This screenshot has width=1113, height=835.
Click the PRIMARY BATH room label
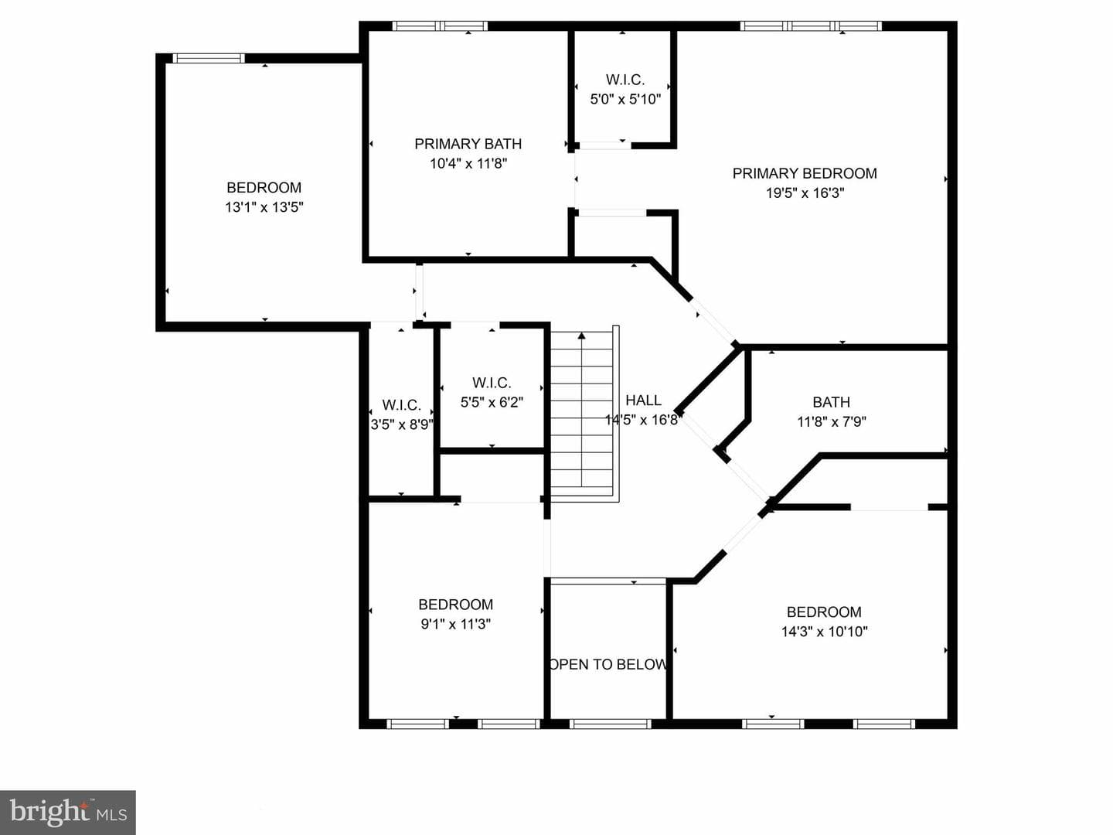(x=468, y=144)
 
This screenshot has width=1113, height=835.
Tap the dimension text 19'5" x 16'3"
(x=805, y=193)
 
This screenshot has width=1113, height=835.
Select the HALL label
(x=644, y=400)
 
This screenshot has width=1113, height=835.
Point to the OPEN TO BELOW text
(x=608, y=664)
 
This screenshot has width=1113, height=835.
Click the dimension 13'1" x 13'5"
(x=264, y=207)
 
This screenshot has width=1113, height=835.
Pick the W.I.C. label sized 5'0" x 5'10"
(x=625, y=80)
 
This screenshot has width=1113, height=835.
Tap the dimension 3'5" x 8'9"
(x=402, y=424)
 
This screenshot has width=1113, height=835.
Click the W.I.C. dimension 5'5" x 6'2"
(x=492, y=403)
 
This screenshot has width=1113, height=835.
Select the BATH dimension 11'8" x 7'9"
(x=832, y=422)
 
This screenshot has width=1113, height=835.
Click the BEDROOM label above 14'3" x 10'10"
(x=824, y=612)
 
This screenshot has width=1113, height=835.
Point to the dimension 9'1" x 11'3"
(x=456, y=624)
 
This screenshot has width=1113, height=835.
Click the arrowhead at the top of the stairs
(x=581, y=336)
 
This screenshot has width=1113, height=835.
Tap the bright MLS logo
(x=68, y=813)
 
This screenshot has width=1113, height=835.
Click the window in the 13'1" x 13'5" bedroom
(x=209, y=58)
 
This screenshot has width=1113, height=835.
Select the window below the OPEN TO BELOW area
(x=610, y=724)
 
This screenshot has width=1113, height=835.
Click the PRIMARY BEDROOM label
(x=805, y=173)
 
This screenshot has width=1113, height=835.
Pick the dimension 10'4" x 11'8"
(x=468, y=164)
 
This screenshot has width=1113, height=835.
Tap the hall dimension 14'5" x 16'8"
(x=642, y=420)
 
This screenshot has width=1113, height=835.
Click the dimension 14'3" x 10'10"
(x=825, y=632)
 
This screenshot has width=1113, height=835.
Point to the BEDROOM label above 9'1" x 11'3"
(x=456, y=605)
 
